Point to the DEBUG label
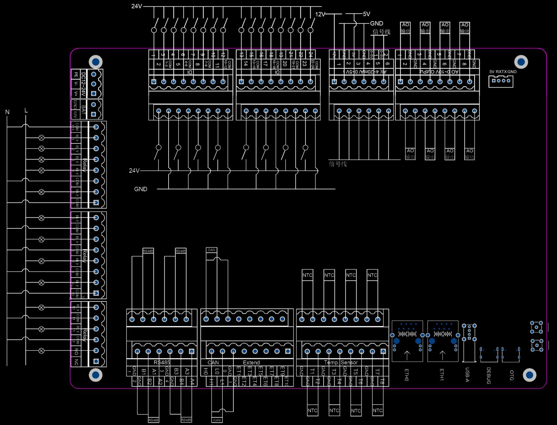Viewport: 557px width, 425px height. (x=489, y=375)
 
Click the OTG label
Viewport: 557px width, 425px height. (x=511, y=375)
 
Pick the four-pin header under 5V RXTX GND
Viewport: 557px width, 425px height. (x=501, y=81)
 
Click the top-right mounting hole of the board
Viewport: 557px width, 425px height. (x=521, y=62)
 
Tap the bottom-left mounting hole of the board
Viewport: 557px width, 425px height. (x=96, y=375)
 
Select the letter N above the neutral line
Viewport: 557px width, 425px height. (x=7, y=112)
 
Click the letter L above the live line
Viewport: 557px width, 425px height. (x=26, y=110)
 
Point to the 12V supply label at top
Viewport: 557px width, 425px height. (x=320, y=14)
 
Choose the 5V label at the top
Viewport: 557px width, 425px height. (x=366, y=14)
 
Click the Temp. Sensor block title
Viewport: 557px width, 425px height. (x=341, y=362)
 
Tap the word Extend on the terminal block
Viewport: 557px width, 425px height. (x=251, y=362)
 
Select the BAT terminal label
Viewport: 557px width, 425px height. (x=84, y=109)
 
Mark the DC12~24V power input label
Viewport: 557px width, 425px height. (x=84, y=84)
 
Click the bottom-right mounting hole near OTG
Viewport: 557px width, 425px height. (x=529, y=375)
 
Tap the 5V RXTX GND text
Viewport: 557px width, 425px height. (x=503, y=72)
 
